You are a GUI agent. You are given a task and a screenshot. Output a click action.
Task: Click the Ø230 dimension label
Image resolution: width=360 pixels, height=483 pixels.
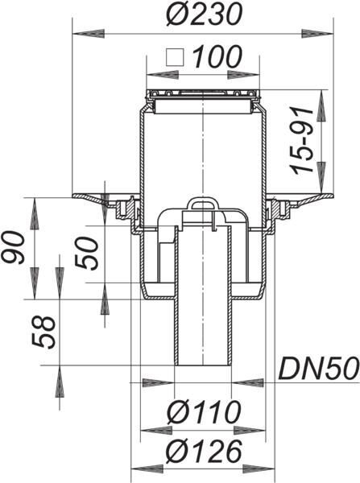(x=204, y=14)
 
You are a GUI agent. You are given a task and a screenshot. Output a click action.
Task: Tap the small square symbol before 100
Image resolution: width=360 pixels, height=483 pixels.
(x=175, y=57)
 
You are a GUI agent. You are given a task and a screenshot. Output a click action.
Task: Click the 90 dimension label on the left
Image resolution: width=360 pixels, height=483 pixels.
(x=13, y=248)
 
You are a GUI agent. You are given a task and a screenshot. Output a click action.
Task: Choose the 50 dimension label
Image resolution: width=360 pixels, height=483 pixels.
(x=87, y=254)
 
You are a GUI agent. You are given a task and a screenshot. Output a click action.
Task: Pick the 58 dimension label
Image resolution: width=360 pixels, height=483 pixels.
(x=43, y=332)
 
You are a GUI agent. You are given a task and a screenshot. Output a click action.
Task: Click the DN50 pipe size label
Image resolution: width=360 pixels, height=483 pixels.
(x=319, y=368)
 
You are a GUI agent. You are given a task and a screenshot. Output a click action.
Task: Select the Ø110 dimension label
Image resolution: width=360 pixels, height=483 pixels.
(x=204, y=412)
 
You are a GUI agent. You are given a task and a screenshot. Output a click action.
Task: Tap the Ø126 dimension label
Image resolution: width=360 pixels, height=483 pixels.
(x=204, y=452)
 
